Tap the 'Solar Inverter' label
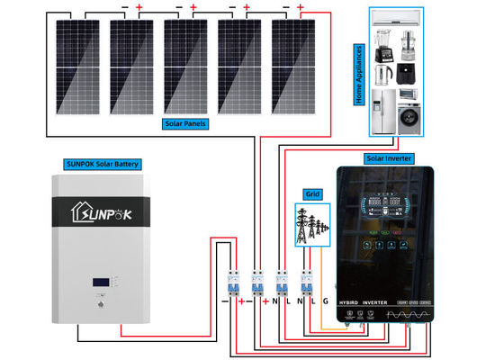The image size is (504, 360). (x=388, y=158)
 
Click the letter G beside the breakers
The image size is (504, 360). (x=326, y=301)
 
